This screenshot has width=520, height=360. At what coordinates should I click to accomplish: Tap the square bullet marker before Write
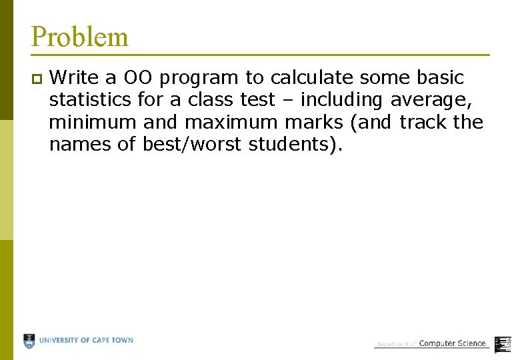tap(36, 79)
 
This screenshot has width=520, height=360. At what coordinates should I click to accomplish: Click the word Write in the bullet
tap(72, 78)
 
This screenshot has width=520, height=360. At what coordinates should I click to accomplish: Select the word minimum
tap(90, 123)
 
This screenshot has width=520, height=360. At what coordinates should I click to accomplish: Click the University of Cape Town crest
tap(29, 341)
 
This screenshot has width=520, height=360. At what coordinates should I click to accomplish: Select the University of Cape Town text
tap(86, 341)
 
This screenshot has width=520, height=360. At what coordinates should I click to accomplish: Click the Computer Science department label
tap(451, 343)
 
